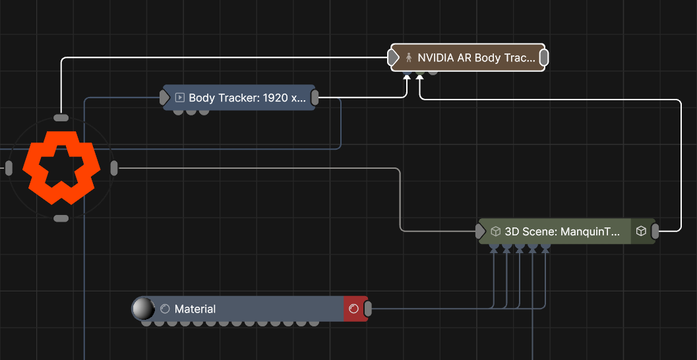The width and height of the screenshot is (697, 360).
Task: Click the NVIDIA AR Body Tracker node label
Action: (x=476, y=58)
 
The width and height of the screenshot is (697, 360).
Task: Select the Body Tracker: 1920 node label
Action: (x=247, y=98)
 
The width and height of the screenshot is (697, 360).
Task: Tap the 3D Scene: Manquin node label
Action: (x=562, y=231)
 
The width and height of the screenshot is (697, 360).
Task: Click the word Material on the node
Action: (x=195, y=309)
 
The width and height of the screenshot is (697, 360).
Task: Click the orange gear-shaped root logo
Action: (x=61, y=167)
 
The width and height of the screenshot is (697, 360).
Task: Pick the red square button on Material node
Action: (x=353, y=309)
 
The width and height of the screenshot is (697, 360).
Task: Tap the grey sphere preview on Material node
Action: (x=143, y=308)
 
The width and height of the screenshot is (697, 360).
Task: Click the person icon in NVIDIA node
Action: (x=409, y=58)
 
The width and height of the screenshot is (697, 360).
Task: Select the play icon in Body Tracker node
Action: (x=179, y=98)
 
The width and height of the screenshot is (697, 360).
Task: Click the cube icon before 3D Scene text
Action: (x=496, y=231)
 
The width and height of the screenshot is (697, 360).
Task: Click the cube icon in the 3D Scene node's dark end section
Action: (x=641, y=231)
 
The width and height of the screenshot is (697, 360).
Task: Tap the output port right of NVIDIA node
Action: (x=544, y=58)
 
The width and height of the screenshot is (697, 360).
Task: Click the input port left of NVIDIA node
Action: (x=394, y=58)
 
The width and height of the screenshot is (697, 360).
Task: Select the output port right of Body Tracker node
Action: (x=315, y=98)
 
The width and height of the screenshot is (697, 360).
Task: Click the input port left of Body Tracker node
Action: (x=165, y=98)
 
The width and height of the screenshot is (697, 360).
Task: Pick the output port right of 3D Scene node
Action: (x=655, y=231)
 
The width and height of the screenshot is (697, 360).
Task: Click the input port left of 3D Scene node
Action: (x=481, y=231)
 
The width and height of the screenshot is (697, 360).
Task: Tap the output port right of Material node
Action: (x=368, y=309)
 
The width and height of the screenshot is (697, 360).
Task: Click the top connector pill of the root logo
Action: (x=61, y=118)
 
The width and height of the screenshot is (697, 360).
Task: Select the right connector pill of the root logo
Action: (x=113, y=168)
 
